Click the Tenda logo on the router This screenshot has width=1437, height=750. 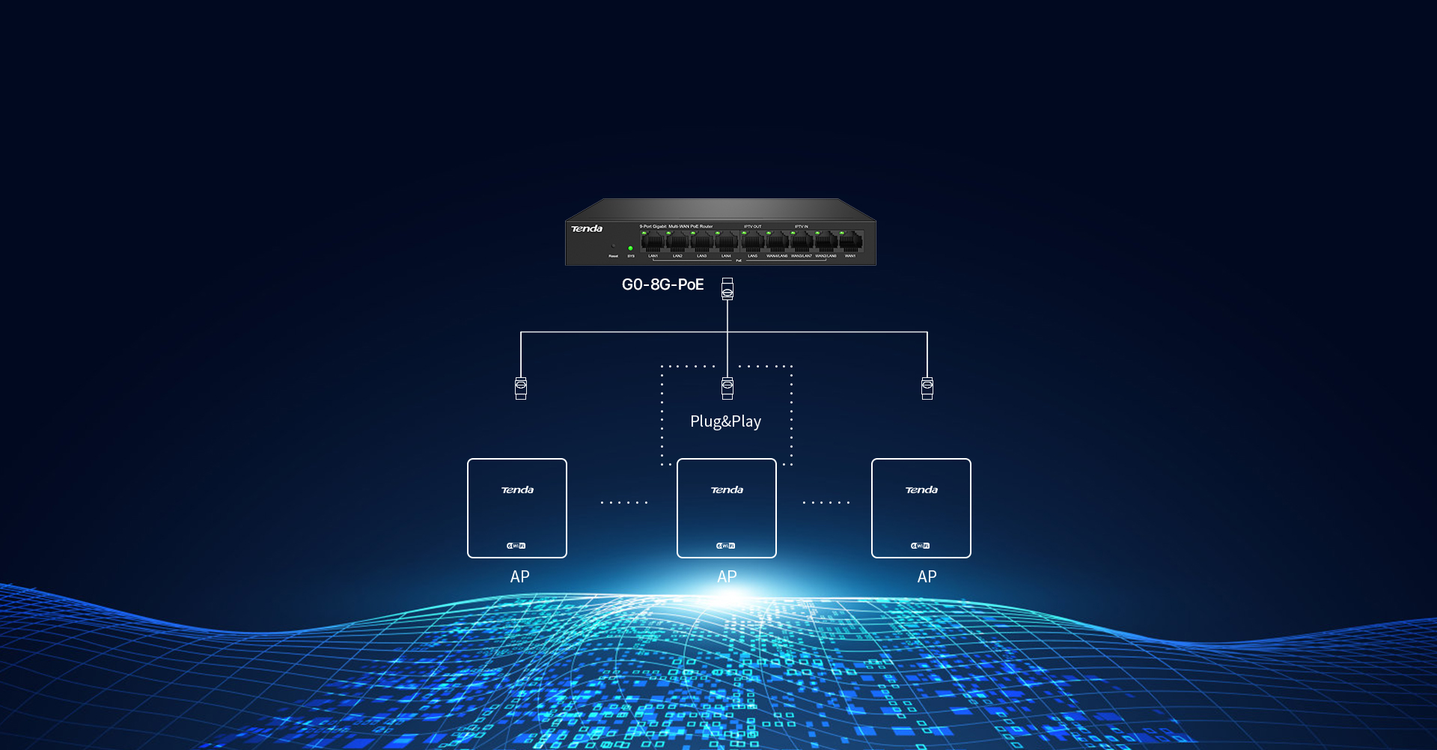point(587,229)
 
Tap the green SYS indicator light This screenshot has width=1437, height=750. point(630,248)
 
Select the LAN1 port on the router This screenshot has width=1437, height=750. point(653,242)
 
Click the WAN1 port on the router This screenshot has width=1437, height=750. point(851,242)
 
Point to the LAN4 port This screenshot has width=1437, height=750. point(727,242)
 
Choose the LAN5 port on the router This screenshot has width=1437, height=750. point(752,242)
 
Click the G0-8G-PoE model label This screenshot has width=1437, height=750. point(662,284)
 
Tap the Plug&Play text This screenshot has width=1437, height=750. point(725,421)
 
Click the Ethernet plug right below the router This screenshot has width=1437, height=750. point(727,289)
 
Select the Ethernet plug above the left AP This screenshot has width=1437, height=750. point(521,388)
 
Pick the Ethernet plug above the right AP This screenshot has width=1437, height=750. point(927,388)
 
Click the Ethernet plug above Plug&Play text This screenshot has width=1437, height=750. point(727,388)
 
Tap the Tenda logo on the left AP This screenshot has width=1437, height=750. point(517,490)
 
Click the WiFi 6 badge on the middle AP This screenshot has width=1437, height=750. point(726,546)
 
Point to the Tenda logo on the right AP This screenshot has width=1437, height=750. point(921,490)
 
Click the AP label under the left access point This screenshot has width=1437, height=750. point(519,576)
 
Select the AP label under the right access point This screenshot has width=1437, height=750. point(927,576)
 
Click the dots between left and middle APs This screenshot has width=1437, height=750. point(623,502)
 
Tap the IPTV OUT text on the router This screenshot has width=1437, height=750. point(752,226)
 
